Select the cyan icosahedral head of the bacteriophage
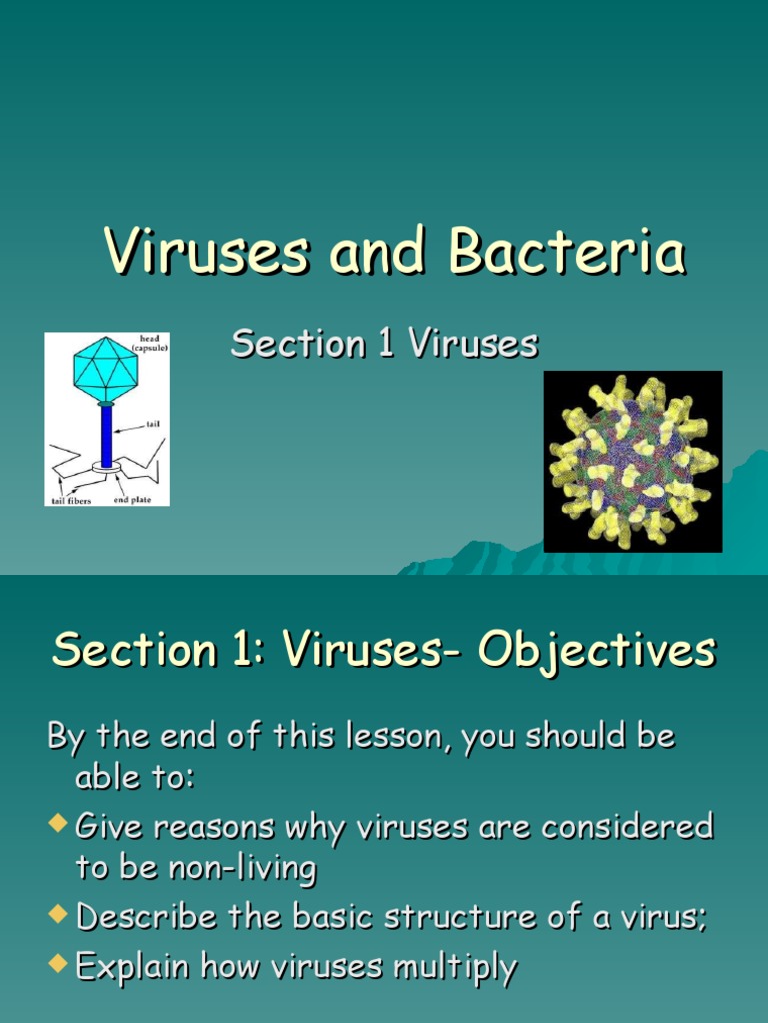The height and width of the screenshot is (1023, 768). (105, 367)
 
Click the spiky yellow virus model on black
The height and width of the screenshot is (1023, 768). (632, 462)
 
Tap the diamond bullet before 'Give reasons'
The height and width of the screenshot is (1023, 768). (58, 824)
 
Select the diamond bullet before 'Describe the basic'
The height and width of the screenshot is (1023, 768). (58, 914)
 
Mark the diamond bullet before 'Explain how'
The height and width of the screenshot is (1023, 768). (58, 964)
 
